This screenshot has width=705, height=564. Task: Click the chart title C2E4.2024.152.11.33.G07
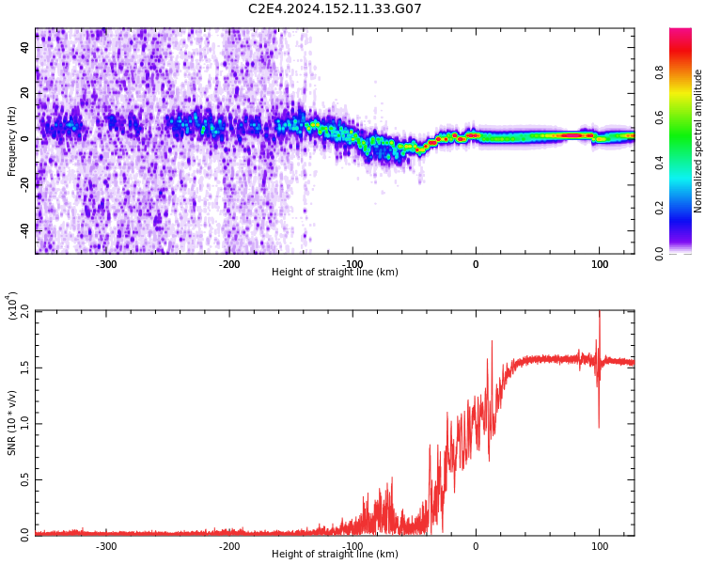(335, 9)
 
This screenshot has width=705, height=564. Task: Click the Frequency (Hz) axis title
(12, 141)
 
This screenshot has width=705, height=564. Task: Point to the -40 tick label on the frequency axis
(24, 228)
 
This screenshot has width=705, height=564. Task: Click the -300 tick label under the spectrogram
(106, 264)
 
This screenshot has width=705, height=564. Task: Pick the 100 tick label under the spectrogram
(599, 264)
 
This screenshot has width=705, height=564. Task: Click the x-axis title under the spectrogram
(335, 273)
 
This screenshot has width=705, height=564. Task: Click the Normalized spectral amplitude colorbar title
(698, 141)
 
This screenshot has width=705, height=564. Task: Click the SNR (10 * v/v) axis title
(12, 423)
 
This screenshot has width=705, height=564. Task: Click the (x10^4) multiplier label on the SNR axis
(12, 306)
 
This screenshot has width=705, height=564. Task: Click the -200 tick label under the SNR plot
(229, 546)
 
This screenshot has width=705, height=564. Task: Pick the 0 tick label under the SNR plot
(476, 546)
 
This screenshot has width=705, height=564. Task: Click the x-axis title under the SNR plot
(335, 555)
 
